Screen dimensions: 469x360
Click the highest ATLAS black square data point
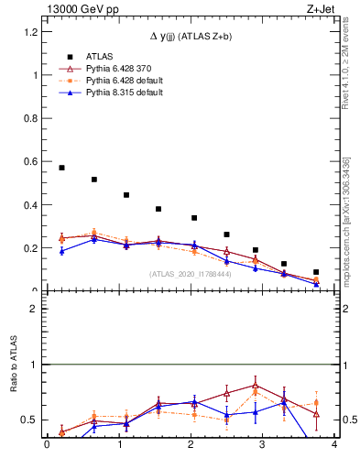pos(61,168)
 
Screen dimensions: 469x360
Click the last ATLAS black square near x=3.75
pos(316,272)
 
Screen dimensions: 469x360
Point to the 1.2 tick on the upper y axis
pos(33,32)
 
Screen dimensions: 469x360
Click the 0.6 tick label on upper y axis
pos(33,162)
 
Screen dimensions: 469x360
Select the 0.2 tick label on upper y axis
pos(33,248)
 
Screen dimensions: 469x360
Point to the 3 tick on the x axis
pos(263,444)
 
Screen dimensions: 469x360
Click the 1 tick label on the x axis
pos(119,444)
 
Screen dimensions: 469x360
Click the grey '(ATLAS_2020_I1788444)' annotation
pos(190,273)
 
